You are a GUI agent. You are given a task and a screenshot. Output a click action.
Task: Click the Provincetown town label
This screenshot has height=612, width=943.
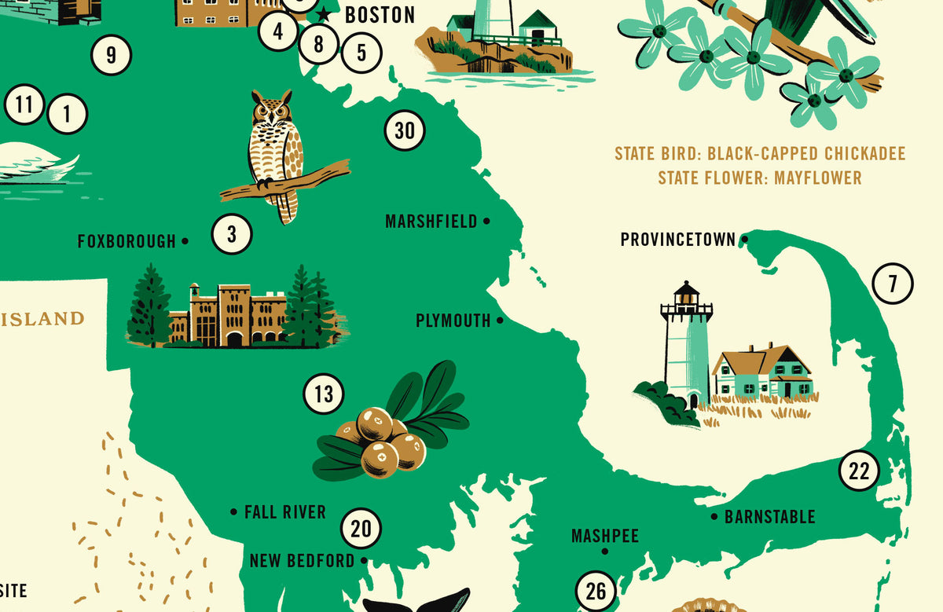(x=677, y=239)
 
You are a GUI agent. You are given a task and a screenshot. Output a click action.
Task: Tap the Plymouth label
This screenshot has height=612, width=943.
(x=453, y=321)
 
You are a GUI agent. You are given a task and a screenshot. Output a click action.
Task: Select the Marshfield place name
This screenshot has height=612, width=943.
(x=431, y=222)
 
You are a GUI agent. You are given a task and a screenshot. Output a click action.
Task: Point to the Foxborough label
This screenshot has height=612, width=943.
(x=127, y=241)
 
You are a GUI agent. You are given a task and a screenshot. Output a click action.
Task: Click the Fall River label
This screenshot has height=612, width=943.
(x=284, y=512)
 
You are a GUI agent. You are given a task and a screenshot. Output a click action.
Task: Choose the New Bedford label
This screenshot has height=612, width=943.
(x=302, y=560)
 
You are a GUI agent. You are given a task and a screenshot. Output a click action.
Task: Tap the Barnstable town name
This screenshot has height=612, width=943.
(x=769, y=517)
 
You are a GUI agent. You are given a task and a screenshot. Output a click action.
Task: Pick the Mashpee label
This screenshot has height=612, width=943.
(x=604, y=536)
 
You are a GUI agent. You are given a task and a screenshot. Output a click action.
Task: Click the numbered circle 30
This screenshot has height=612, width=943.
(x=405, y=130)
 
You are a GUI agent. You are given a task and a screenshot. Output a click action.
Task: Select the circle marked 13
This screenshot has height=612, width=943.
(x=324, y=394)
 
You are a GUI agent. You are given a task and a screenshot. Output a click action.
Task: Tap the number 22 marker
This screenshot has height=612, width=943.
(x=859, y=471)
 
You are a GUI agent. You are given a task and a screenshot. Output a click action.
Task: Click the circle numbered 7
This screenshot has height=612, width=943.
(x=892, y=284)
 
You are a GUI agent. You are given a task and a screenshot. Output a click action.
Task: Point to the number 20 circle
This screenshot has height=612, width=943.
(x=361, y=529)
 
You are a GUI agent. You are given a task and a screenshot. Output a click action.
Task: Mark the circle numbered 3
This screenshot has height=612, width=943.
(x=232, y=234)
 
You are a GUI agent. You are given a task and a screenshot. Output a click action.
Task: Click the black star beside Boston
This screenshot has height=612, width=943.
(x=323, y=15)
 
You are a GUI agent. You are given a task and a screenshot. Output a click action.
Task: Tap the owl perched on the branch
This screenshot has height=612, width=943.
(x=275, y=149)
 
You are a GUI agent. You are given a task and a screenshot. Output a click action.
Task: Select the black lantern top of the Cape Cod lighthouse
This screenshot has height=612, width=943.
(x=687, y=294)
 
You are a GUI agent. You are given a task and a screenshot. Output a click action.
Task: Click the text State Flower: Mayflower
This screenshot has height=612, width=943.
(x=759, y=178)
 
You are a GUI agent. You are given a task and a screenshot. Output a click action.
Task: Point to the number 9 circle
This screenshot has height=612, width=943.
(x=111, y=55)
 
